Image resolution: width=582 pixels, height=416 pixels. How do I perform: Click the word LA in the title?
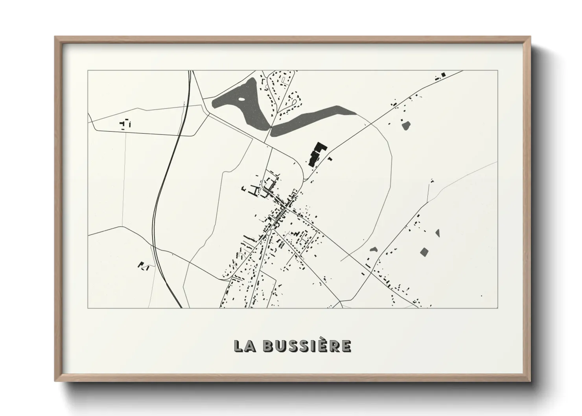pos(245,346)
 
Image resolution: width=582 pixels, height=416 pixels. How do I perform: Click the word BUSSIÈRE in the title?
pos(306,346)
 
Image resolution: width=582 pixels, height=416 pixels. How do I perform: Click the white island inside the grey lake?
pos(241,99)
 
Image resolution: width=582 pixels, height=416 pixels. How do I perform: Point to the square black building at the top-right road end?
pos(443,74)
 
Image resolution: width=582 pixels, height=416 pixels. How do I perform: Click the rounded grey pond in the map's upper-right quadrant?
pos(406,125)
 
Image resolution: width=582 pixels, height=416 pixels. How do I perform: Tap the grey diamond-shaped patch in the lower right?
pos(424,252)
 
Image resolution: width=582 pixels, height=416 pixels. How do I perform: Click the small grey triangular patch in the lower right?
pos(437,233)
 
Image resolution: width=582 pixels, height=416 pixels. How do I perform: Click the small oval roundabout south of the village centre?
pos(269,233)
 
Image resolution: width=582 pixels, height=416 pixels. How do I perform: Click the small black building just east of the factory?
pos(330,159)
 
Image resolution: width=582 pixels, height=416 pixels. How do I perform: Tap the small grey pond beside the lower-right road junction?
pos(374,249)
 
